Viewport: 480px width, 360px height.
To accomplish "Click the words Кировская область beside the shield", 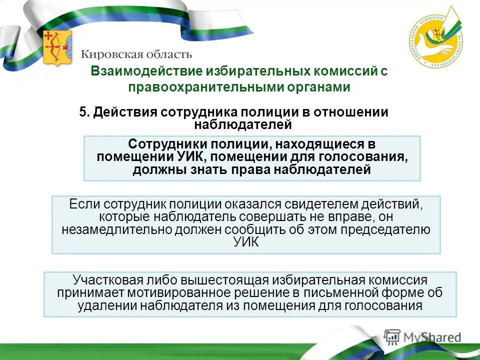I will (x=136, y=53).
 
